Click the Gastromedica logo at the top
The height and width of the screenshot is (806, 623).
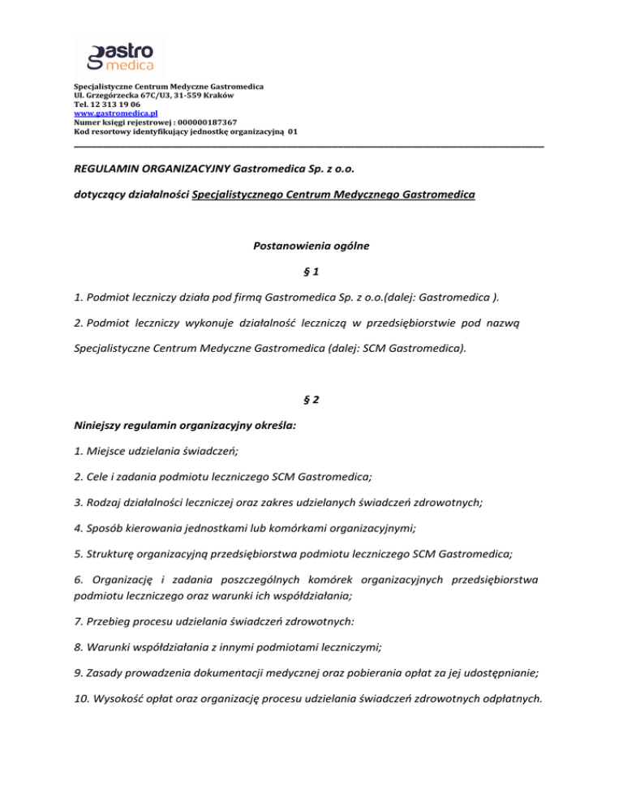coord(119,55)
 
